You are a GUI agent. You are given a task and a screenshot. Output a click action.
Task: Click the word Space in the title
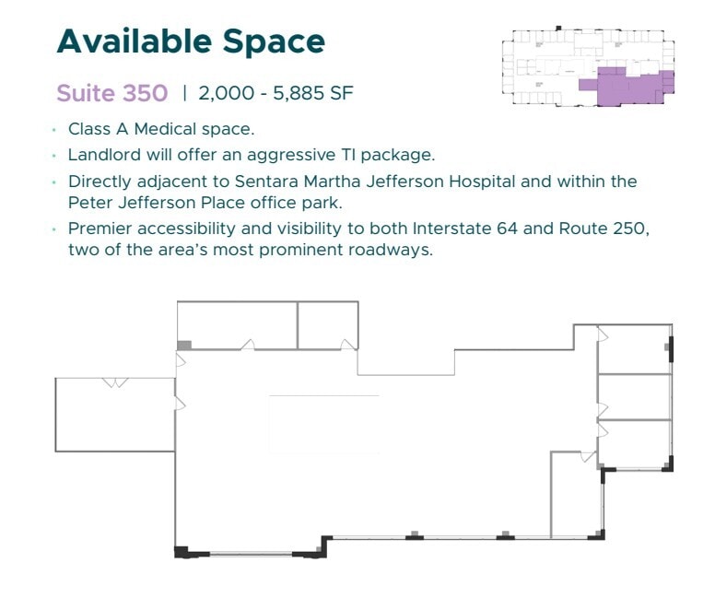pos(277,41)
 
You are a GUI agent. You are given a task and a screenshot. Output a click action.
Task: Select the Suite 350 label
pos(111,93)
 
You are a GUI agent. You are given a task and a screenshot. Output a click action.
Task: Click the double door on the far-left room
pos(115,381)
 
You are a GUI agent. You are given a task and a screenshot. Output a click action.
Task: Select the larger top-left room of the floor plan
pos(237,324)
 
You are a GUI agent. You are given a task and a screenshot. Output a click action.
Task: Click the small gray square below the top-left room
pos(184,346)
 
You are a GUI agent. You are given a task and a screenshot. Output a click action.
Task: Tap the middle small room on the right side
pos(634,396)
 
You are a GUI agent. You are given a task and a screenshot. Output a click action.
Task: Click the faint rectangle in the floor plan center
pos(323,424)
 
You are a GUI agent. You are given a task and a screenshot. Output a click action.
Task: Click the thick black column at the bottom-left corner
pos(182,552)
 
